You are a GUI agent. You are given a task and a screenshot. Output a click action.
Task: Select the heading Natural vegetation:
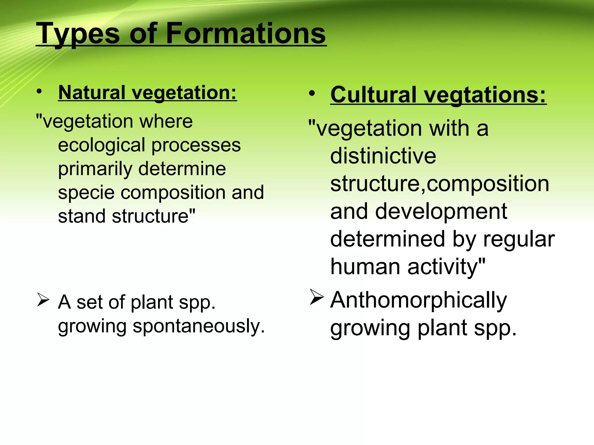pyautogui.click(x=147, y=93)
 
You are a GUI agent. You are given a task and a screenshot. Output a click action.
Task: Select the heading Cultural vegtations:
pyautogui.click(x=438, y=95)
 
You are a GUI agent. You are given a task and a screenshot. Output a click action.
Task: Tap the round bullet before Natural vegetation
pyautogui.click(x=39, y=92)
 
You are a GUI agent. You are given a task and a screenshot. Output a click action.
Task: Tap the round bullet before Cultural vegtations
pyautogui.click(x=312, y=94)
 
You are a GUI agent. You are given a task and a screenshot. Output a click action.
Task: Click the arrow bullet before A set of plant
pyautogui.click(x=43, y=300)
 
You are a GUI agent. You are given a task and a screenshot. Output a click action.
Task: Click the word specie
pyautogui.click(x=86, y=193)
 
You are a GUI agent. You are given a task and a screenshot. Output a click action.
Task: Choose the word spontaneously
pyautogui.click(x=199, y=327)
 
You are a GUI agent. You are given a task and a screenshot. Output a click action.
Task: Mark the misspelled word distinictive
pyautogui.click(x=383, y=156)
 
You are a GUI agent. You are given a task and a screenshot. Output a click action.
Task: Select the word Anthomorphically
pyautogui.click(x=419, y=300)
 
